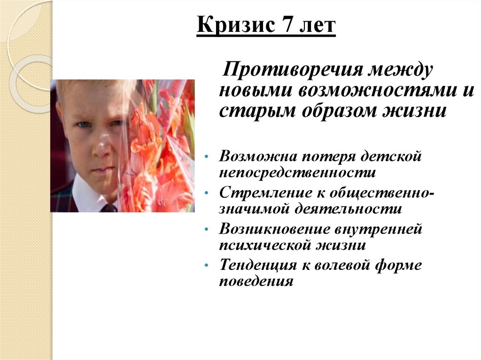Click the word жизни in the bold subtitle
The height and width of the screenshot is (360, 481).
(x=418, y=112)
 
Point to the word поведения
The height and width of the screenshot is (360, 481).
(x=256, y=282)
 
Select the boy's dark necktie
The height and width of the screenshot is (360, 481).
(x=109, y=208)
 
